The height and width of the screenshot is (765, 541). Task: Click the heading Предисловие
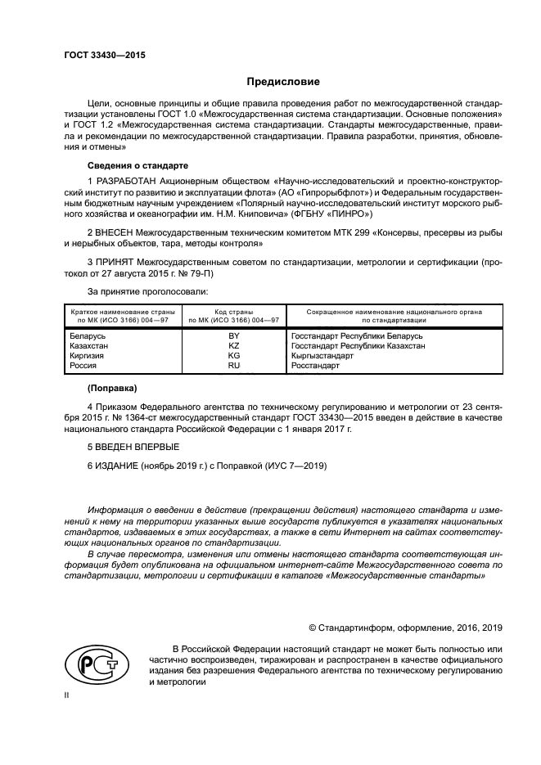tap(283, 82)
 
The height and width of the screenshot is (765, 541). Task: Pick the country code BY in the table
tap(233, 336)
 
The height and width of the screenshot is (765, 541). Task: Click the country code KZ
tap(233, 346)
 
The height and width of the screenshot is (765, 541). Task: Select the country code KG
tap(233, 356)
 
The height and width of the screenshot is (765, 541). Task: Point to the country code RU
tap(233, 366)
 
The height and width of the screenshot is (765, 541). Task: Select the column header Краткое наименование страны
tap(119, 312)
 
